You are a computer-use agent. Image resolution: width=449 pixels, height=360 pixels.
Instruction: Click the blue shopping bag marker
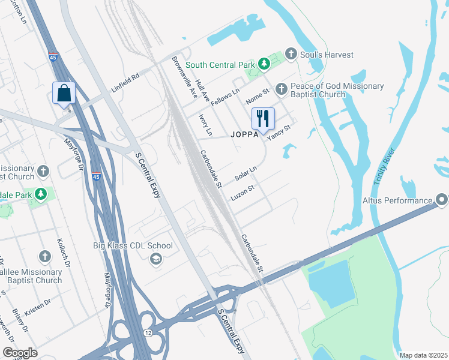[64, 94]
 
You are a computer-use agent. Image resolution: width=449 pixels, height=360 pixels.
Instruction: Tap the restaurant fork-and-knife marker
[262, 118]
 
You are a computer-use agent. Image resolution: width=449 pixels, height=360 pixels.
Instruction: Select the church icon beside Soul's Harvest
[291, 55]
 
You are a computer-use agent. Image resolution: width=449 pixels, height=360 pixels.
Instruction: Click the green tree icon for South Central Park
[263, 64]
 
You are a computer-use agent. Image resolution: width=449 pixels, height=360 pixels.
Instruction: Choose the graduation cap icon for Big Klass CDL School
[155, 259]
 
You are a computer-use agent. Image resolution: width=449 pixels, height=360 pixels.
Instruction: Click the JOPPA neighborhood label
[244, 135]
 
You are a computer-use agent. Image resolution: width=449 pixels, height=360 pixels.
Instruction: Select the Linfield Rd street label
[125, 83]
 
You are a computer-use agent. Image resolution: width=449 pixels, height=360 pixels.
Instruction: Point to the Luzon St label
[243, 193]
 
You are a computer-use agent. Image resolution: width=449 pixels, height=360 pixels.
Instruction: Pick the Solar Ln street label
[246, 174]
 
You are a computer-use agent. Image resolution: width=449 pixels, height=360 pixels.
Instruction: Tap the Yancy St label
[279, 132]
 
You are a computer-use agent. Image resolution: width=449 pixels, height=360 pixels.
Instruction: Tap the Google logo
[20, 353]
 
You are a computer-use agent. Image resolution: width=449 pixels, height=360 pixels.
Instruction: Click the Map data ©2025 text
[423, 355]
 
